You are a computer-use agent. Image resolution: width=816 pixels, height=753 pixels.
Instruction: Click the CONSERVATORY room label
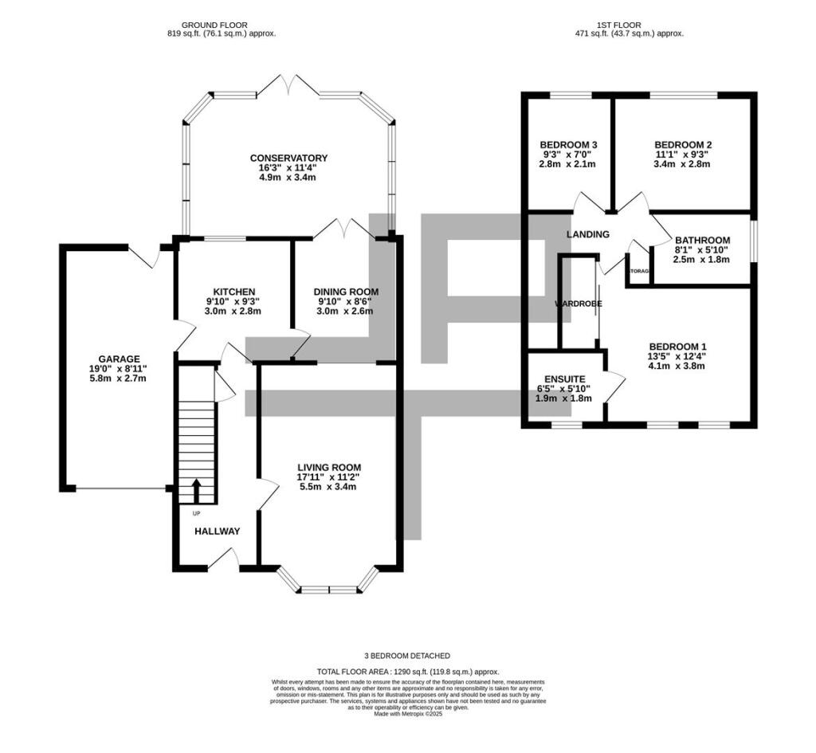click(288, 158)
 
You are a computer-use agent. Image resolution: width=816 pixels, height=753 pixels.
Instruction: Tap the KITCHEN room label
click(233, 292)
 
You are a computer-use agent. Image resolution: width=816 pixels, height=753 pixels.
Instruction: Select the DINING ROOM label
click(345, 292)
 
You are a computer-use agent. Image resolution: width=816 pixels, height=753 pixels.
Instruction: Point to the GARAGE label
click(119, 359)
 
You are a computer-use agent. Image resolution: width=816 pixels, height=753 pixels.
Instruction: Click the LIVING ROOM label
click(329, 467)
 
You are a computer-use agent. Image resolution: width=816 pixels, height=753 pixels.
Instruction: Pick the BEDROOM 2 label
click(682, 144)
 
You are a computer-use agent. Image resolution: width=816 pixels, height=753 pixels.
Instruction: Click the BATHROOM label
click(702, 240)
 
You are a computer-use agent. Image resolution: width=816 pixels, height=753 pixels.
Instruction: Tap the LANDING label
click(587, 234)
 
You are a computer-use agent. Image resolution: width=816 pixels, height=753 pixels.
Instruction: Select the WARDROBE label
click(579, 304)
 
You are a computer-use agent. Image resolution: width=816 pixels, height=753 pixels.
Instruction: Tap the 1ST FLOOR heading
click(629, 25)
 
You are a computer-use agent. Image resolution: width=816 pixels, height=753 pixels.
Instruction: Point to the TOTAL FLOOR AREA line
click(407, 672)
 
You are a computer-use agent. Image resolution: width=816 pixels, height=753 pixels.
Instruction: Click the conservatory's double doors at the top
click(288, 84)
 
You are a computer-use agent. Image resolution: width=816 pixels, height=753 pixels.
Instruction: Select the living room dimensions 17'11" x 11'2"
click(329, 477)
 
